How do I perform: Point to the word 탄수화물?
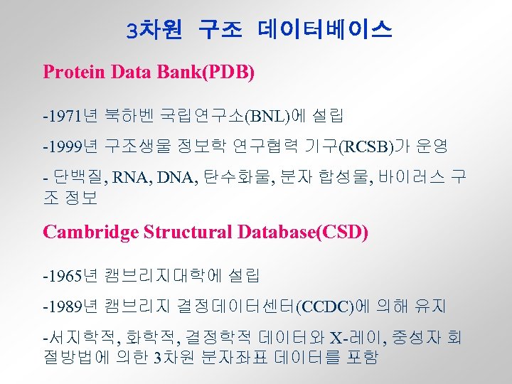point(235,177)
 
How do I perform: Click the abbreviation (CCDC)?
point(324,306)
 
